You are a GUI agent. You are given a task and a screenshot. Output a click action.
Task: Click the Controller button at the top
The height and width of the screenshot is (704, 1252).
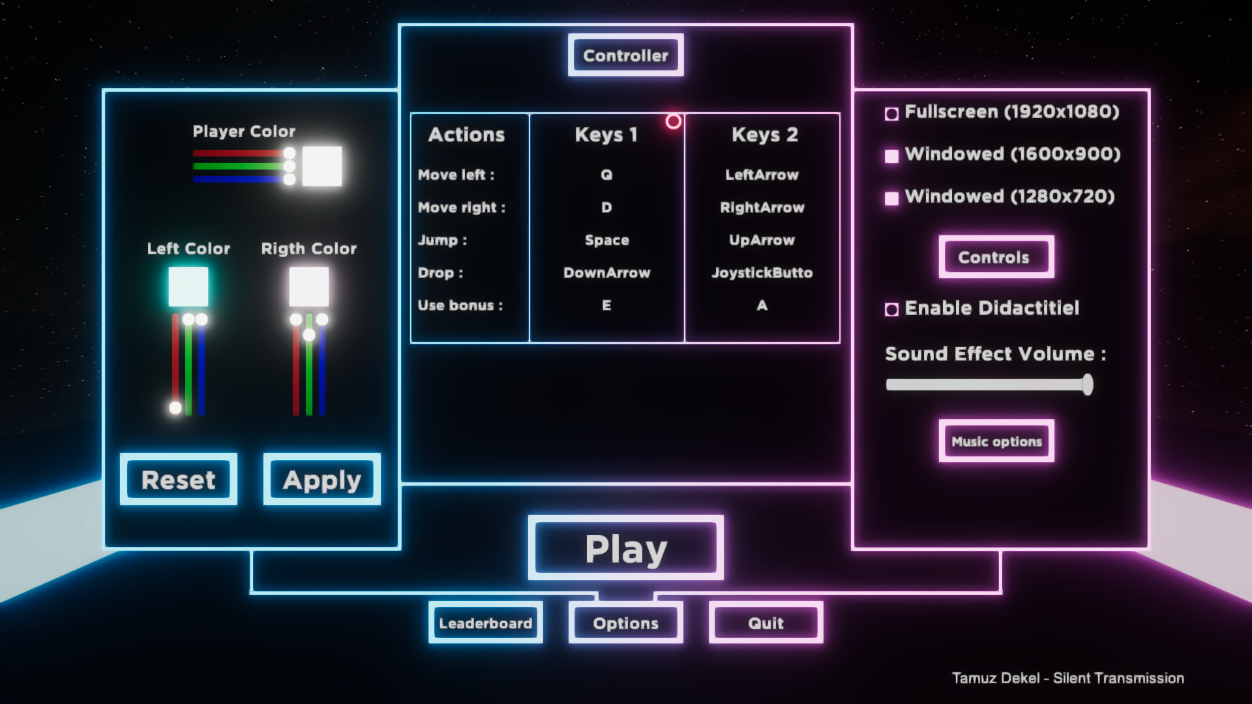point(625,55)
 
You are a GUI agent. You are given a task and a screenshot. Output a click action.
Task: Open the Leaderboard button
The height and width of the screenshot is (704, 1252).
point(485,623)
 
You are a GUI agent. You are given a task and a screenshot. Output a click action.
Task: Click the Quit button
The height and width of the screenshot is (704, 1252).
point(766,623)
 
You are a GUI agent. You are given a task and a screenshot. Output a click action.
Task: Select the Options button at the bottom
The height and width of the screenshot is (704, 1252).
point(625,623)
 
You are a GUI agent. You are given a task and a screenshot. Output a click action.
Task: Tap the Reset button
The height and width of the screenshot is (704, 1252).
point(178,480)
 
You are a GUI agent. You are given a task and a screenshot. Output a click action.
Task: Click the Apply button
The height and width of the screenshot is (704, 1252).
point(321,480)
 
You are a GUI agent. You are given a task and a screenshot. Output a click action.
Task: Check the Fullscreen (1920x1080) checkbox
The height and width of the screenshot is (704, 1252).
point(891,114)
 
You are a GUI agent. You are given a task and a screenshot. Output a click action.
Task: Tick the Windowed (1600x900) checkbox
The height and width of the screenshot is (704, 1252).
point(891,156)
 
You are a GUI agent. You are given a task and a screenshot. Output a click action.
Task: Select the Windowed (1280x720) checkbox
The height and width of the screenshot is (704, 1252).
point(891,198)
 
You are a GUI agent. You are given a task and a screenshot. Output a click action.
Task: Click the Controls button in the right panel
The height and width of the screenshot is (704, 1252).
point(996,257)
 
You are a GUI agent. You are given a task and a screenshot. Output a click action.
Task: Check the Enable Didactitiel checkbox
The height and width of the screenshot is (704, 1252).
point(891,310)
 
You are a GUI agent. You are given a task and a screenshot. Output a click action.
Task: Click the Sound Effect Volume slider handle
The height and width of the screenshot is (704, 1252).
point(1087,385)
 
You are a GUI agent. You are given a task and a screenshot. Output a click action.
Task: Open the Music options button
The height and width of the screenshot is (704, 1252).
point(996,441)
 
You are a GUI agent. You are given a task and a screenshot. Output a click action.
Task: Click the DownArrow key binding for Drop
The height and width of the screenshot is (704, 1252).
point(606,272)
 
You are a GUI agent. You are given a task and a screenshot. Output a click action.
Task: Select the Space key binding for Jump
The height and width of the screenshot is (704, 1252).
point(606,240)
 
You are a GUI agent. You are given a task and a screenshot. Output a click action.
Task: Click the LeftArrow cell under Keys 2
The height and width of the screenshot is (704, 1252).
point(762,175)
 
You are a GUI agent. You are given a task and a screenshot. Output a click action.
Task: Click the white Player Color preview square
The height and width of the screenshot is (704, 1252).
point(322,166)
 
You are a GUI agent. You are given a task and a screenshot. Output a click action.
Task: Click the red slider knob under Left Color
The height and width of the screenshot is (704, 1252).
point(175,408)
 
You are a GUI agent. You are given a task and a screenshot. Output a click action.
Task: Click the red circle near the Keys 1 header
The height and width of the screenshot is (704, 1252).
point(674,121)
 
